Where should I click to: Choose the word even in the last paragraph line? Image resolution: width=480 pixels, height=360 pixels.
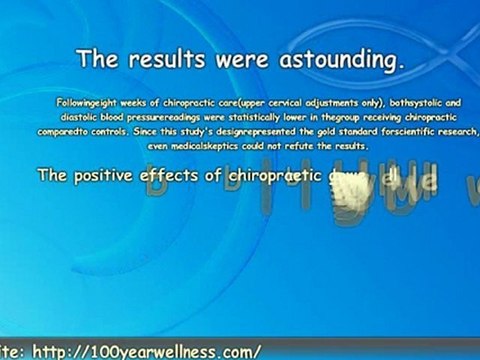158,146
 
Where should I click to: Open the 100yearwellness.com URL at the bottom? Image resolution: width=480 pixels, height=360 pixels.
147,351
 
